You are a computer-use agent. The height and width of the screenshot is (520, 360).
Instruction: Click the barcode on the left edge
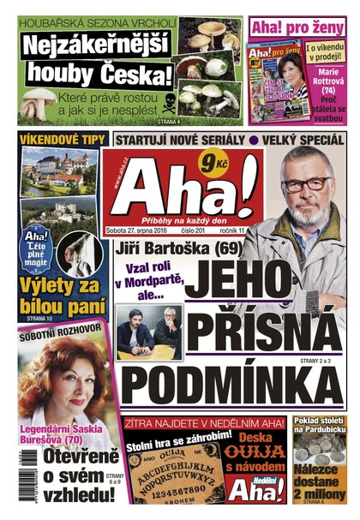click(9, 480)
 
